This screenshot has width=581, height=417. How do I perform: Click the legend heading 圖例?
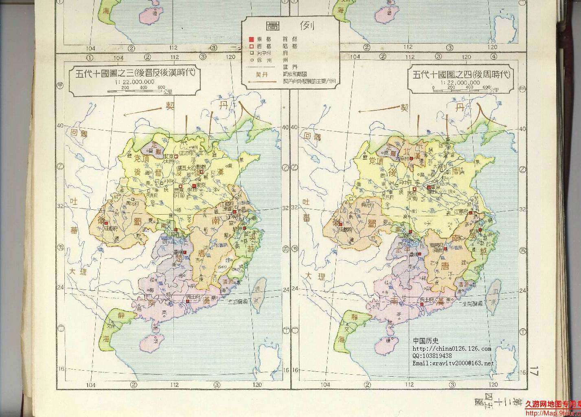click(290, 26)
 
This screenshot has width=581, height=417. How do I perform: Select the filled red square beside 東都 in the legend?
click(251, 39)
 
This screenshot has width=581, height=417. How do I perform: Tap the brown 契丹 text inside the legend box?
click(260, 74)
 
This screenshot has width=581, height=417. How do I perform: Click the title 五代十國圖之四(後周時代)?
click(461, 74)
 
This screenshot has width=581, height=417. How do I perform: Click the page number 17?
click(534, 372)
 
